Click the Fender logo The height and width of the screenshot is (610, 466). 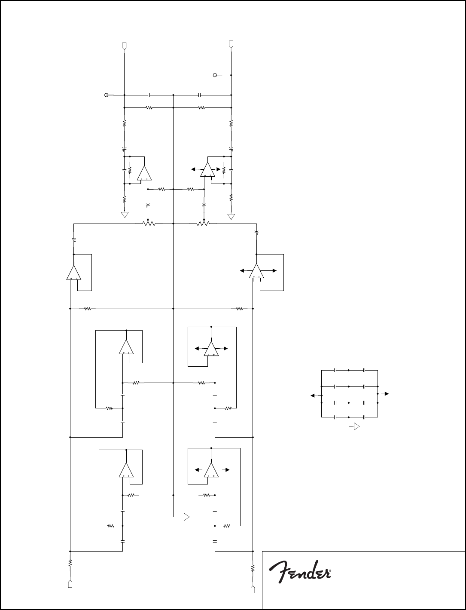(300, 572)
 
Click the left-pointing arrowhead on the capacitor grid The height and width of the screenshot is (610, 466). (312, 395)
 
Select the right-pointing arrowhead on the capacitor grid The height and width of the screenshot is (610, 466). (387, 394)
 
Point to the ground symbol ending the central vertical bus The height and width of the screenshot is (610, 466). (186, 517)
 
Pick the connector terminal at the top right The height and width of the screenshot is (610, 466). (231, 44)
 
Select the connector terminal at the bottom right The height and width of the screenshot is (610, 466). (253, 589)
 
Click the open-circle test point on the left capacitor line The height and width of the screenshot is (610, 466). (107, 95)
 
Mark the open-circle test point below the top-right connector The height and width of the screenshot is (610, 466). (215, 75)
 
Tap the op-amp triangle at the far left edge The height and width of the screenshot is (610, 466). (74, 273)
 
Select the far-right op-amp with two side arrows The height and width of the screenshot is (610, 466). (256, 271)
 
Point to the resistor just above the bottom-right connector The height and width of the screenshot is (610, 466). (253, 568)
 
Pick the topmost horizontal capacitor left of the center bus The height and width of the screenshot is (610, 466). (149, 95)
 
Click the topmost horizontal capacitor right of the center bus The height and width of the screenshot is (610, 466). (200, 95)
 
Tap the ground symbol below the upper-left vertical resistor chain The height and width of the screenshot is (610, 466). (125, 215)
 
